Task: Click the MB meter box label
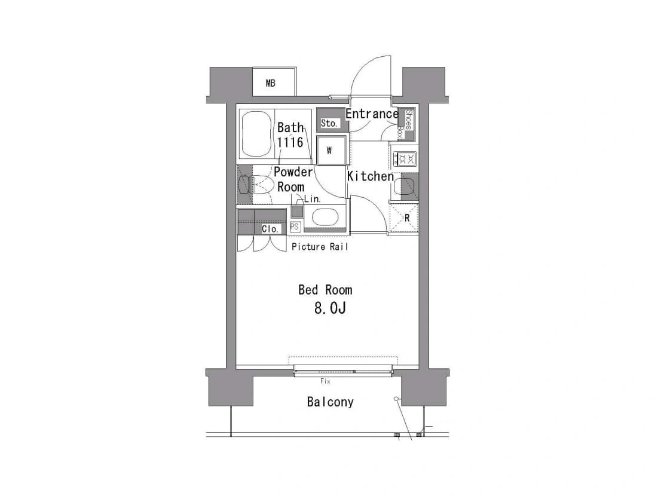[x=271, y=83]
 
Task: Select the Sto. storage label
[x=329, y=123]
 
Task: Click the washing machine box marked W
[x=332, y=150]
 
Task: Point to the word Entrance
[x=372, y=114]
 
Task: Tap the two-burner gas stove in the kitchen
[x=405, y=158]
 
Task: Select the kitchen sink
[x=405, y=186]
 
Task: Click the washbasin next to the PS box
[x=325, y=218]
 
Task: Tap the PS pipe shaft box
[x=295, y=227]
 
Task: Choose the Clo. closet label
[x=270, y=229]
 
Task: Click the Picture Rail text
[x=320, y=247]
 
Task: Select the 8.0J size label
[x=330, y=308]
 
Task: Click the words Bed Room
[x=325, y=290]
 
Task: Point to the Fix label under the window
[x=325, y=381]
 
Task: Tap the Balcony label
[x=330, y=402]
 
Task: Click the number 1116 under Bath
[x=289, y=142]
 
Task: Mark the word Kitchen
[x=370, y=176]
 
